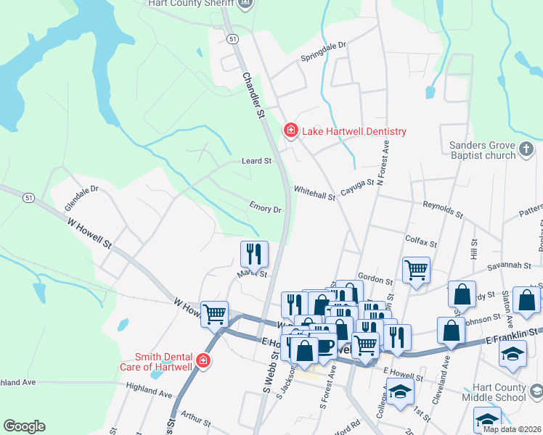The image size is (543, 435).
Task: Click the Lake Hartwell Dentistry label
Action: coord(354,131)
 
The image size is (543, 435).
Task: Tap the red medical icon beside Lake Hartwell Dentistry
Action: coord(291,130)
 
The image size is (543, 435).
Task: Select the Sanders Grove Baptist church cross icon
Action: coord(528,150)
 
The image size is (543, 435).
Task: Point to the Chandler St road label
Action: coord(252,95)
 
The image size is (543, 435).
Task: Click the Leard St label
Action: coord(256,161)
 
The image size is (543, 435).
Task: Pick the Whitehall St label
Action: coord(314,193)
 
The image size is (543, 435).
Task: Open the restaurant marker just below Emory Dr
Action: coord(254,254)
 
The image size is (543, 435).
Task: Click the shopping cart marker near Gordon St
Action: coord(416,270)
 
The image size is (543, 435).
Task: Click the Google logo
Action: coord(24,426)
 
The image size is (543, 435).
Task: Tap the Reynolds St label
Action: coord(443,210)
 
